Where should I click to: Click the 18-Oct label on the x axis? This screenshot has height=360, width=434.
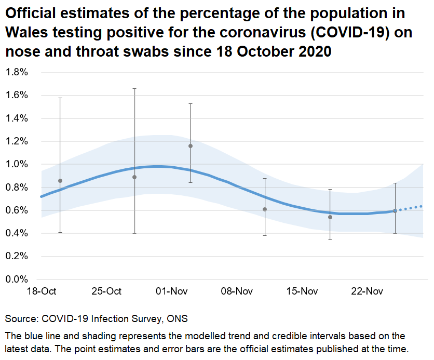42,291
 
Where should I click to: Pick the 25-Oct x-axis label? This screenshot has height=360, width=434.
106,291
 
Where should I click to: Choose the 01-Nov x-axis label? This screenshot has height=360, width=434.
171,291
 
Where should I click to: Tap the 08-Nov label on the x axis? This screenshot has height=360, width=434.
237,291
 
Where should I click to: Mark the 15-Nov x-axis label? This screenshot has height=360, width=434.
302,291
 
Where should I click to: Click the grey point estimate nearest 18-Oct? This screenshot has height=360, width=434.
60,181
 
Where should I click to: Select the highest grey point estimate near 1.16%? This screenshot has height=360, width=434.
191,146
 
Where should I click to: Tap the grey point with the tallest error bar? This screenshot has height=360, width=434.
134,177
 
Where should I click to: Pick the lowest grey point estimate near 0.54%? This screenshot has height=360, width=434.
330,217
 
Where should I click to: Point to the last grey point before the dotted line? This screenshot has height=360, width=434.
395,211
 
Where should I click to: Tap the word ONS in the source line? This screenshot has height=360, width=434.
178,318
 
